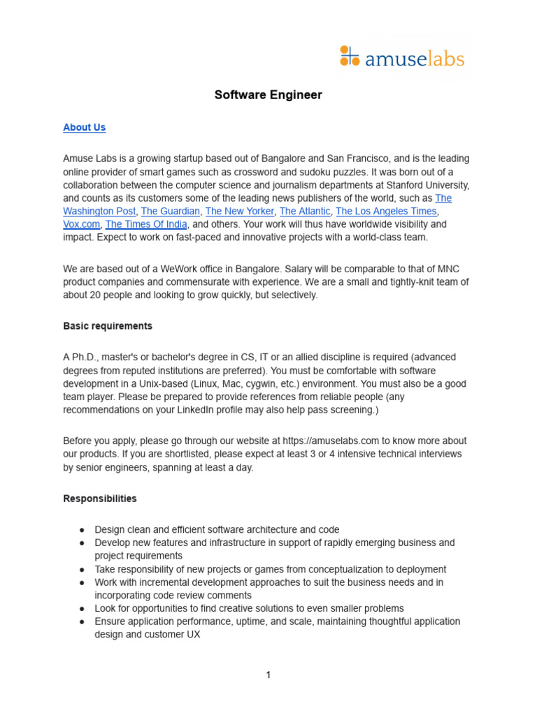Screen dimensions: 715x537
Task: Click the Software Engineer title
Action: (x=268, y=95)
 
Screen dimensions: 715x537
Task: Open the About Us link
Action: (x=84, y=127)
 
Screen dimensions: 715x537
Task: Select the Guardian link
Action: (x=171, y=211)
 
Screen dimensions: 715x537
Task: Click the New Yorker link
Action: (x=239, y=211)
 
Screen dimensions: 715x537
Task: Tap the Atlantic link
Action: (x=304, y=211)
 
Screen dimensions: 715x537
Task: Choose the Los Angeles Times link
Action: (x=386, y=211)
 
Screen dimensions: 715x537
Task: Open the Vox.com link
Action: (x=81, y=224)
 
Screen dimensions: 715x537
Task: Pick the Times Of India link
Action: (x=146, y=224)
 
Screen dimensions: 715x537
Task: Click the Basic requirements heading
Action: (x=107, y=326)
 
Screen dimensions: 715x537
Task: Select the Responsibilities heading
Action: (x=100, y=499)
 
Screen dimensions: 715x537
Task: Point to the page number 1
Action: (x=268, y=675)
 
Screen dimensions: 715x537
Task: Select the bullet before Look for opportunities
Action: (x=82, y=609)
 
